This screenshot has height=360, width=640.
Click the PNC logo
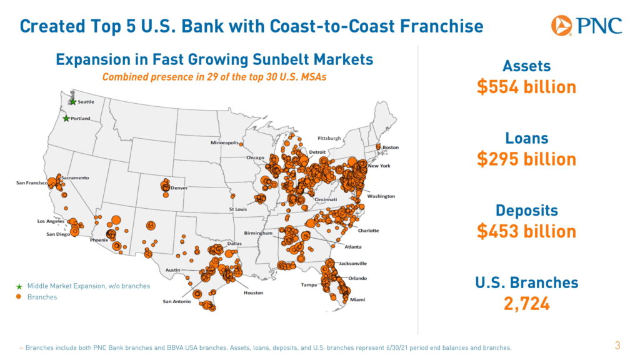click(x=586, y=26)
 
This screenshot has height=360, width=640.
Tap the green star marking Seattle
click(x=73, y=102)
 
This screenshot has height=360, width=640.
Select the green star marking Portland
click(x=66, y=118)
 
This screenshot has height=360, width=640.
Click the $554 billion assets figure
click(x=526, y=87)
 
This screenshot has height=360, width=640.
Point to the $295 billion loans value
click(x=526, y=159)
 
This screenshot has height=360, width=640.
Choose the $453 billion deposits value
click(x=526, y=231)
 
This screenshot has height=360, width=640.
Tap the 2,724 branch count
click(x=526, y=304)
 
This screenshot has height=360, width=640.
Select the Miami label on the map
click(x=357, y=300)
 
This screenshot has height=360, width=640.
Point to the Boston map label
click(x=391, y=147)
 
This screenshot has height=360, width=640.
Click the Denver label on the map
click(x=179, y=188)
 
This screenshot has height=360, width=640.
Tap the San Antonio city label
click(x=177, y=301)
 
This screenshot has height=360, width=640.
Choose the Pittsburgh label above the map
click(x=329, y=137)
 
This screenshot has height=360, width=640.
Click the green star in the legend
click(x=19, y=286)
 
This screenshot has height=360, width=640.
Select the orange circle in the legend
click(x=19, y=297)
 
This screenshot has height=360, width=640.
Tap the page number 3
click(x=617, y=345)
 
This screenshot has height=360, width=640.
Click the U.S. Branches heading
click(x=526, y=282)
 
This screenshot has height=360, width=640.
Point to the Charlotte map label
click(x=368, y=231)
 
